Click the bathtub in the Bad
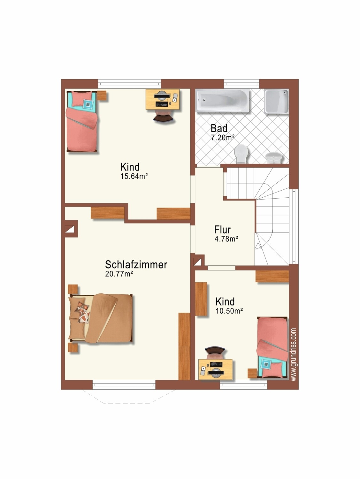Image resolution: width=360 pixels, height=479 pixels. point(222,101)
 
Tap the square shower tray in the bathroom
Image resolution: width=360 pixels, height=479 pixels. point(277,101)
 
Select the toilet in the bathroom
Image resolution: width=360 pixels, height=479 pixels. point(241,153)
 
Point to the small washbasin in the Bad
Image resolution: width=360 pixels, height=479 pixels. point(274,157)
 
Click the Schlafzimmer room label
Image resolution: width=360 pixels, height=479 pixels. point(136,264)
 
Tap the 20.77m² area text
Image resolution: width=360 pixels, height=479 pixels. point(119,274)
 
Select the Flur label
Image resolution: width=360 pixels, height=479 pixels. point(222,230)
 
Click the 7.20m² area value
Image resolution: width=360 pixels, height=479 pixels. point(222,138)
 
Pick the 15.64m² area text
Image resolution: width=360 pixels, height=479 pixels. point(134,176)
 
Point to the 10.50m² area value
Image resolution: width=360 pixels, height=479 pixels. point(229,311)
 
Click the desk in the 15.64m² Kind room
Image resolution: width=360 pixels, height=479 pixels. point(163,99)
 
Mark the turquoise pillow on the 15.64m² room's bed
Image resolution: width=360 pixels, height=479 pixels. point(88,104)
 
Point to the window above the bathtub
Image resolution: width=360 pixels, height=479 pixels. point(242,84)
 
